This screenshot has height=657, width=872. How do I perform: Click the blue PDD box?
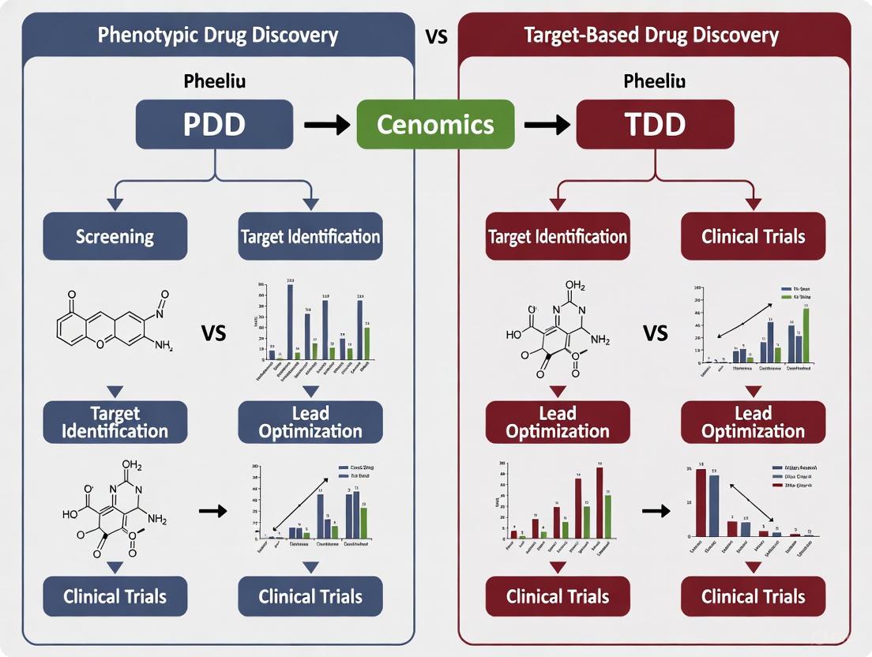[215, 124]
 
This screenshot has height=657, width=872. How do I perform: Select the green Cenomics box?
[435, 125]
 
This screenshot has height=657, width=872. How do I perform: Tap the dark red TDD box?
[655, 124]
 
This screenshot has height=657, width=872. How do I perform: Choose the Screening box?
[115, 236]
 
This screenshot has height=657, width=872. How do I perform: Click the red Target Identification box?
[558, 236]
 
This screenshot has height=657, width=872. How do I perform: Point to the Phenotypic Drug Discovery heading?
[217, 36]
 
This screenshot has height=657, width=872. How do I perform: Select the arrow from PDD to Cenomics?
[326, 125]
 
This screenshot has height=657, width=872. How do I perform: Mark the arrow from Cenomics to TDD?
[546, 125]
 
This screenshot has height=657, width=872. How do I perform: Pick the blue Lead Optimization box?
[310, 422]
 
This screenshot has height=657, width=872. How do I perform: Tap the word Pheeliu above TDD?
[655, 81]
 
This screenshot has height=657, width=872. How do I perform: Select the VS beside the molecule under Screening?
[213, 332]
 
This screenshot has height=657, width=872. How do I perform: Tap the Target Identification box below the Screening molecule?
[115, 422]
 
